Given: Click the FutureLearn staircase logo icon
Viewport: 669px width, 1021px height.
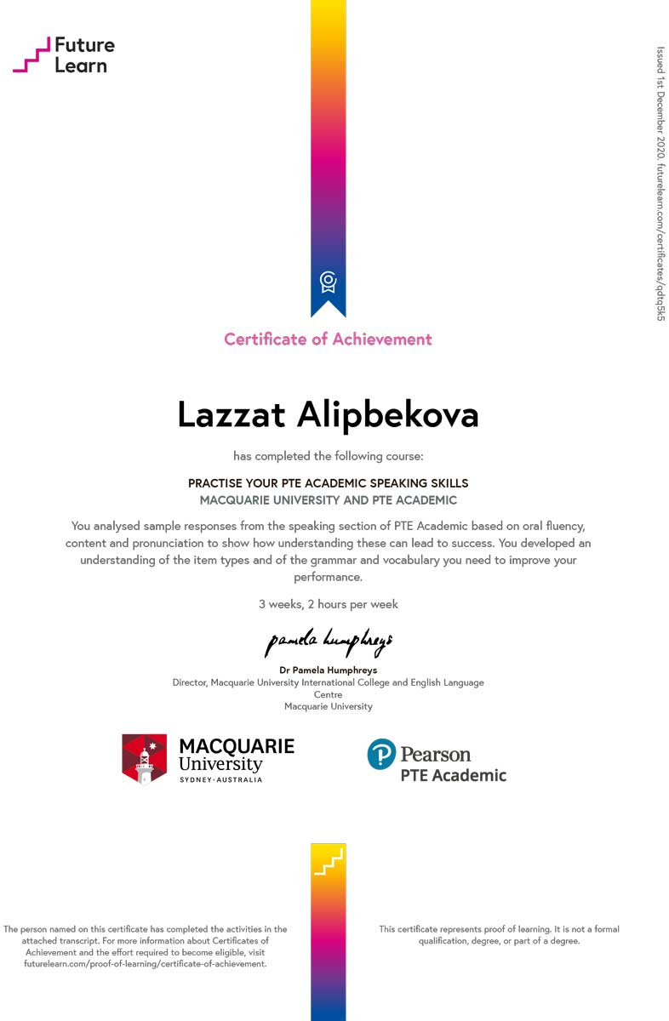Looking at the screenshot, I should pyautogui.click(x=31, y=55).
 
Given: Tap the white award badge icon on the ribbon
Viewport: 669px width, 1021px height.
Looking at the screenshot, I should pyautogui.click(x=328, y=282).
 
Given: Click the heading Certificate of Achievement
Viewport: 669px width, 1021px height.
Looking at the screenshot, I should pyautogui.click(x=328, y=339).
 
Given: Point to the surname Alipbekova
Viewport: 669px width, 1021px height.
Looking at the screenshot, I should pyautogui.click(x=387, y=414).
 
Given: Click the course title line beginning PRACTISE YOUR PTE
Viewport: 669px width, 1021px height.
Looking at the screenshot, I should pyautogui.click(x=328, y=483).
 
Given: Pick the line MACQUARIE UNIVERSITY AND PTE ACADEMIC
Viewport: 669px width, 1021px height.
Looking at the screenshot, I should pyautogui.click(x=328, y=500).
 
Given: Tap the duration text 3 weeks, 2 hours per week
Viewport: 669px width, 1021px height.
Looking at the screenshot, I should pyautogui.click(x=328, y=604).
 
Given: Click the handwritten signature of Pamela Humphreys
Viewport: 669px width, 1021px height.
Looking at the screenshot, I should pyautogui.click(x=328, y=642).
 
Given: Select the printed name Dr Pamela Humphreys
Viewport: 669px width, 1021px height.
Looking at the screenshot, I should pyautogui.click(x=328, y=670).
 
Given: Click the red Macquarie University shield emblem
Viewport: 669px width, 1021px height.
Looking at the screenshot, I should pyautogui.click(x=144, y=758).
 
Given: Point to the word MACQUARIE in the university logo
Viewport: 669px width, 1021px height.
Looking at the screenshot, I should pyautogui.click(x=236, y=746).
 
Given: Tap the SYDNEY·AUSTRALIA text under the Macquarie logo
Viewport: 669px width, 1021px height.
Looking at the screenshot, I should pyautogui.click(x=220, y=779).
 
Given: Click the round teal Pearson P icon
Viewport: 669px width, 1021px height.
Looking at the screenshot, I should pyautogui.click(x=381, y=754).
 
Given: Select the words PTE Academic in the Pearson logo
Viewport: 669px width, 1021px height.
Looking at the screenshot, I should pyautogui.click(x=453, y=775).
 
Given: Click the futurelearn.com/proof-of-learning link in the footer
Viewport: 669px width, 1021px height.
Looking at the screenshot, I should pyautogui.click(x=145, y=964).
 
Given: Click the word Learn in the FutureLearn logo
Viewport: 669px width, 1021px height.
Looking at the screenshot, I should pyautogui.click(x=81, y=66).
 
